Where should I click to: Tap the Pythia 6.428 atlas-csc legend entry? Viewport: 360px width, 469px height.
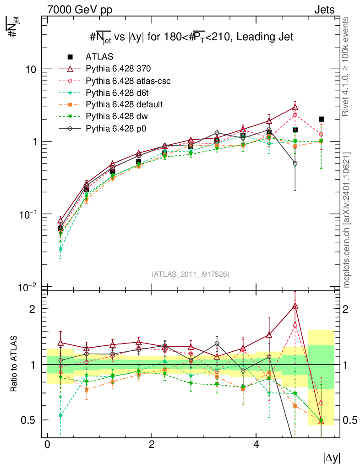point(129,81)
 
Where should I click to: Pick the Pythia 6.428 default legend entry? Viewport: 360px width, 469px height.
point(124,104)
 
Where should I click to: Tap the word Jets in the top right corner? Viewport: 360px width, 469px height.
point(324,10)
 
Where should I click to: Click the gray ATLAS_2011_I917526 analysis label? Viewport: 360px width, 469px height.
point(190,274)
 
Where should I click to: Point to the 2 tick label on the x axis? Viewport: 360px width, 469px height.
point(152,445)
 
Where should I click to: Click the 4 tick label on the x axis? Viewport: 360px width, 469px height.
point(256,445)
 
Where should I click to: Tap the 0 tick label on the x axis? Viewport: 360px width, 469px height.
point(47,445)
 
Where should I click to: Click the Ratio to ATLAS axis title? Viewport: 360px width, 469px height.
point(15,364)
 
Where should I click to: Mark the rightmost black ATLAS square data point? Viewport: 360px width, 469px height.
point(321,119)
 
